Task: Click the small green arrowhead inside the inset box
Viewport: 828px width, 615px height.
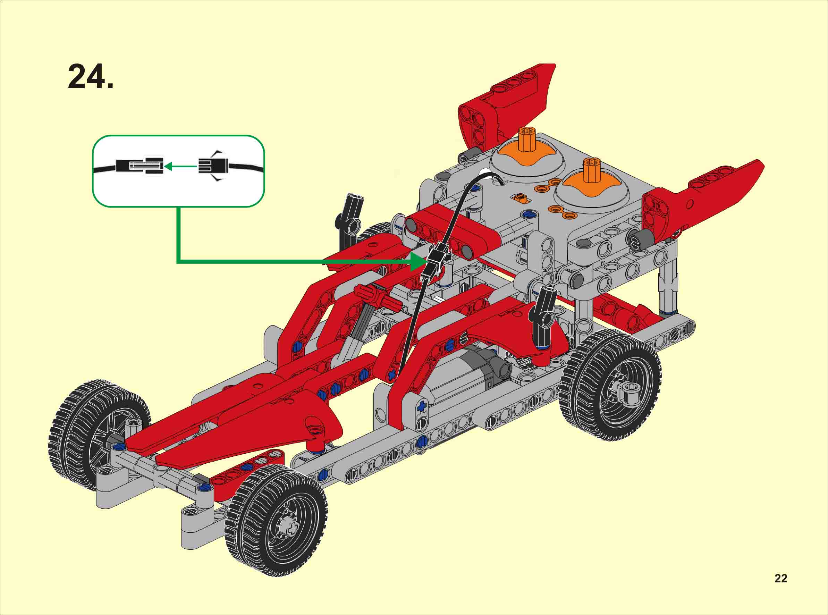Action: point(168,166)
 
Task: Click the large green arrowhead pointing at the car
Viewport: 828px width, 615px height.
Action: point(418,262)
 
